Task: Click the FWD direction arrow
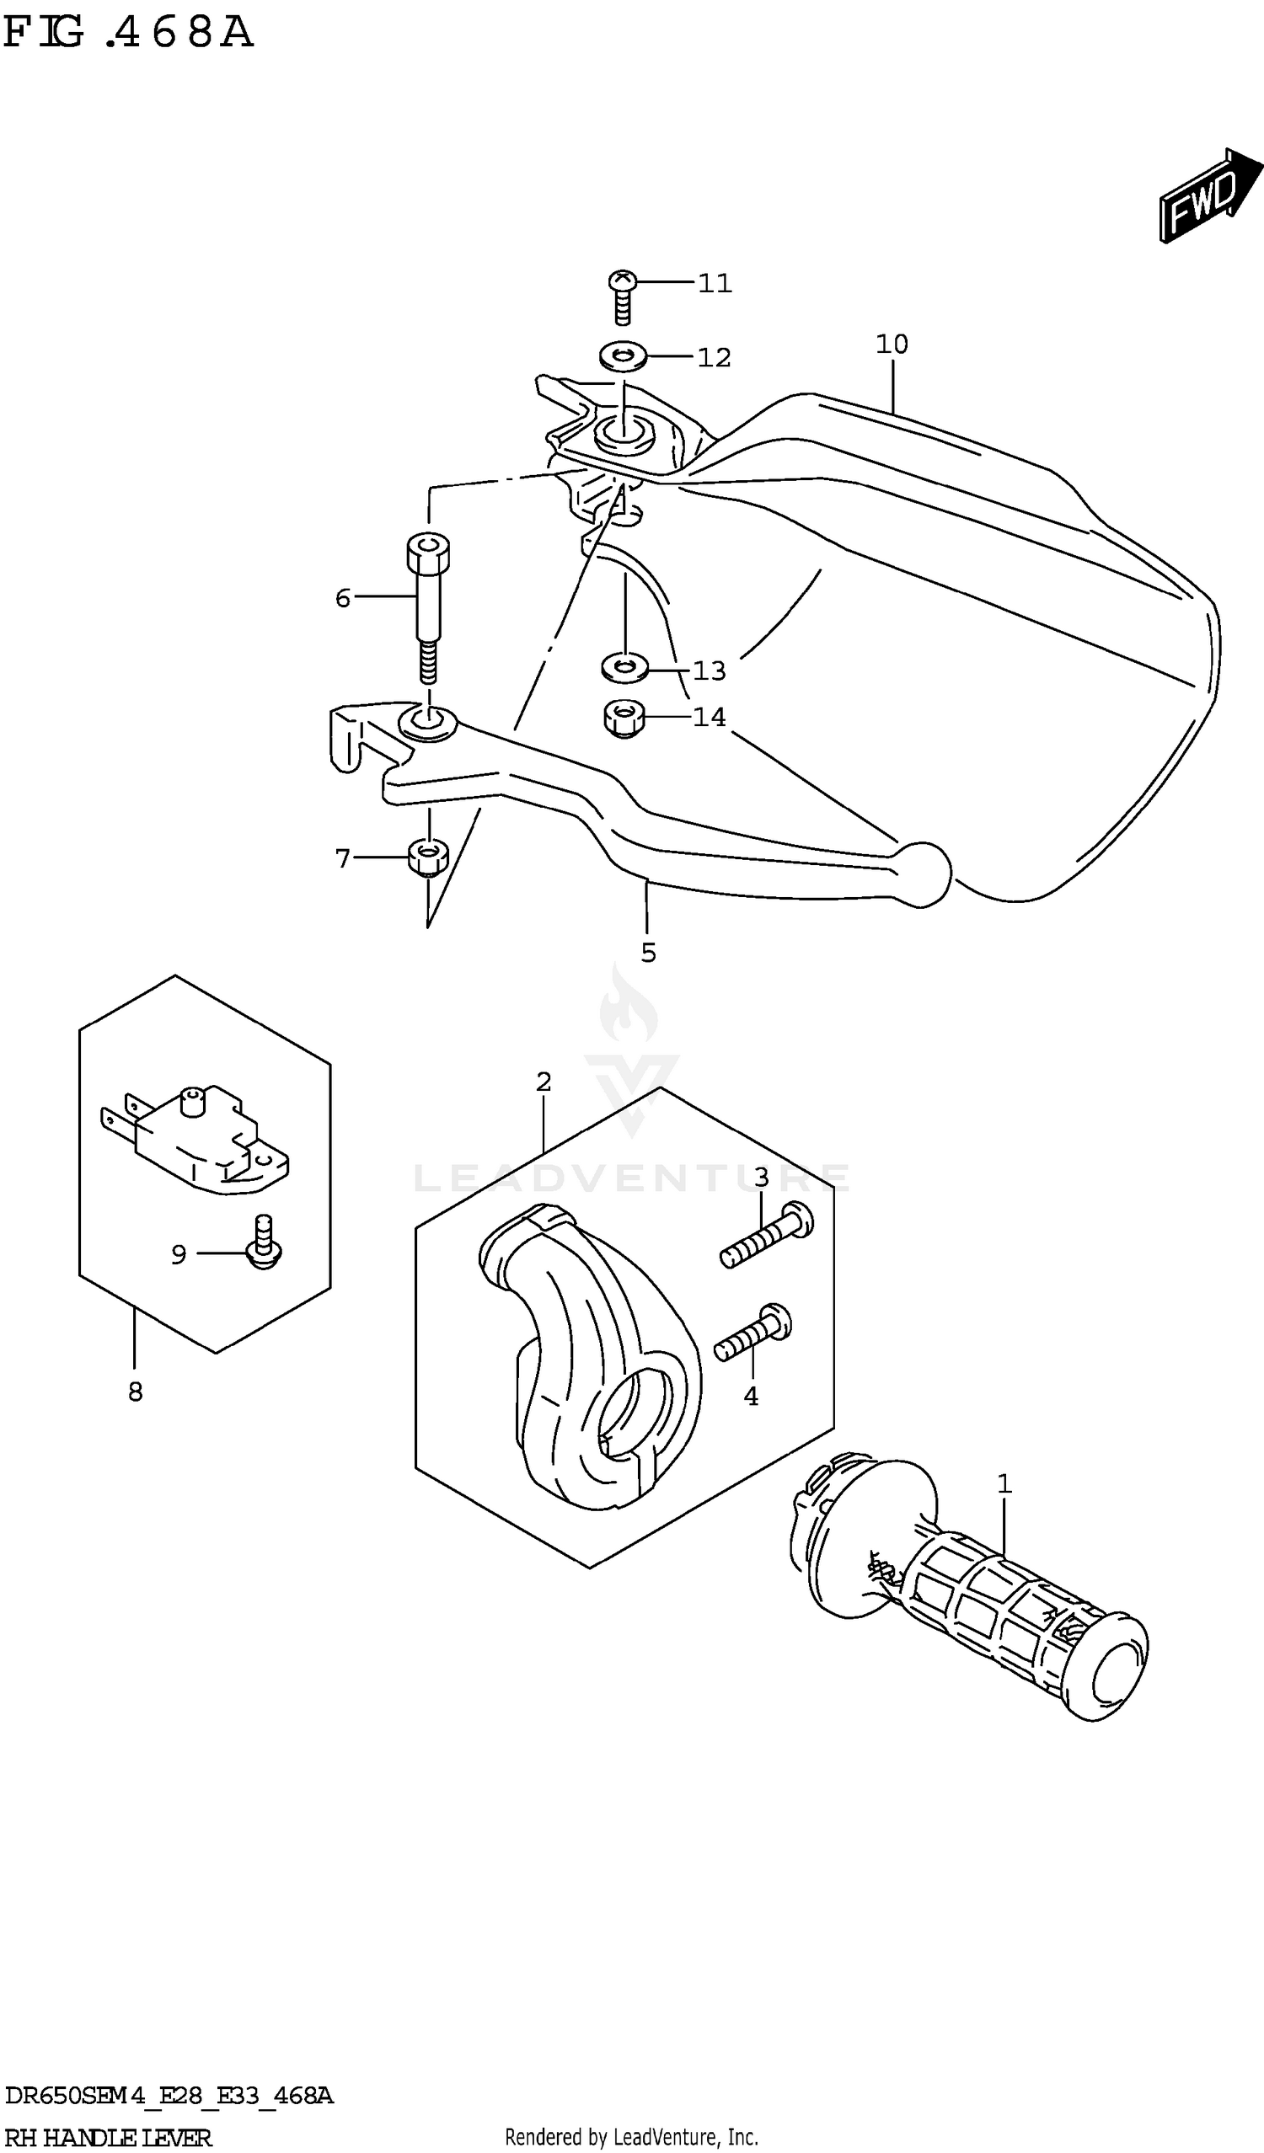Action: [x=1207, y=197]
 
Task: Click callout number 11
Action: [x=715, y=283]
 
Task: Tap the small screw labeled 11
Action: [x=623, y=296]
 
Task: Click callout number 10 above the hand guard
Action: [x=892, y=345]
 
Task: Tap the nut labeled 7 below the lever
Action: [x=427, y=857]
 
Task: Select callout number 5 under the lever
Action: [x=648, y=953]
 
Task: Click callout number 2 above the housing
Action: [x=544, y=1082]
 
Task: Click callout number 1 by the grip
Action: [x=1004, y=1484]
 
